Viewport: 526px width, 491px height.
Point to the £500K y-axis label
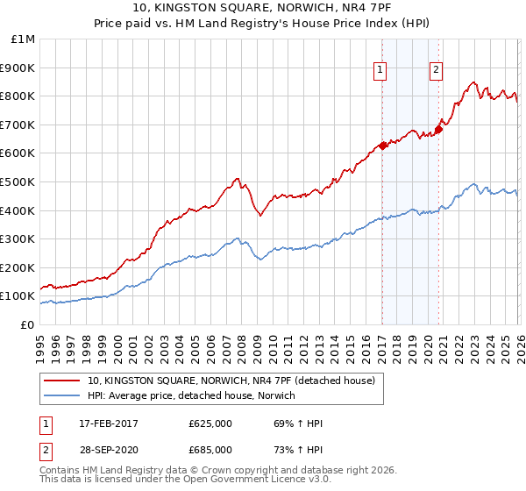coord(19,181)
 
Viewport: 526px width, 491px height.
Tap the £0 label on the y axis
coord(28,324)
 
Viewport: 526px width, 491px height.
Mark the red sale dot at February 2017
coord(382,146)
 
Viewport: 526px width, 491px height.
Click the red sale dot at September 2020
coord(438,130)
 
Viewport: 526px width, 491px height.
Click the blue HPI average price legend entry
coord(191,396)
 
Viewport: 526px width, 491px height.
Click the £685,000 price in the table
coord(210,450)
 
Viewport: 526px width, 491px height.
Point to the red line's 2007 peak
coord(236,179)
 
